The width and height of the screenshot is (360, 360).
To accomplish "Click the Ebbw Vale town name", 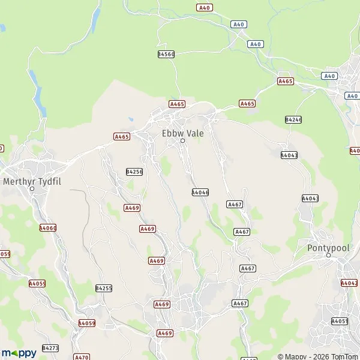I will point(183,133).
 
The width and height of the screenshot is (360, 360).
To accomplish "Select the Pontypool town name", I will point(328,247).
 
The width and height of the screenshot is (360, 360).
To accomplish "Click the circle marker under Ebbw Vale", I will point(183,142).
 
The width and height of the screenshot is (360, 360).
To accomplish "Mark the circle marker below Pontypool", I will point(328,256).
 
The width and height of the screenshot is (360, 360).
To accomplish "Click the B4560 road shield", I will point(166,54).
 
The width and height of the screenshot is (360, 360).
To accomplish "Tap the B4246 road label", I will point(293,120).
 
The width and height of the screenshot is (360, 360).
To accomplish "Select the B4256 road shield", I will point(134,172).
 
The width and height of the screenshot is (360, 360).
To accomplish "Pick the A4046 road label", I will point(200,193).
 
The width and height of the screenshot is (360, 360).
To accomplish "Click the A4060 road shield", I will point(47,228).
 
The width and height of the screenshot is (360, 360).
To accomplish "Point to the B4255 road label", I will point(104,289).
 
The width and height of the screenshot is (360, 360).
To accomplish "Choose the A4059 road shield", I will point(87,323).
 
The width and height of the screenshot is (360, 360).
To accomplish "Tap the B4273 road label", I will point(51,348).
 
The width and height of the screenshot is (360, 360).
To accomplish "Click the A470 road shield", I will point(82,357).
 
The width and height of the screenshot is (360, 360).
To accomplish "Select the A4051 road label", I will point(340,322).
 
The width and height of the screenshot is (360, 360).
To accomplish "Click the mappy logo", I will point(19,352).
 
